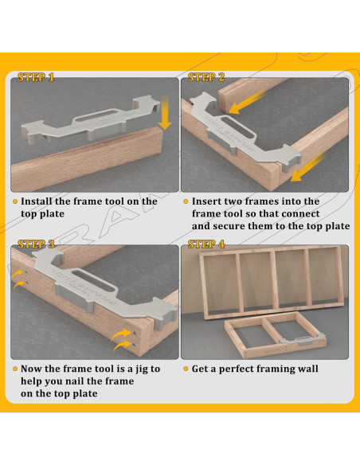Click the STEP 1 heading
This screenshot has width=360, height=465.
click(x=36, y=77)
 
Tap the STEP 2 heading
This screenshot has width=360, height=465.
click(x=206, y=77)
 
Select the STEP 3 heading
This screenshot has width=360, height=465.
click(x=36, y=244)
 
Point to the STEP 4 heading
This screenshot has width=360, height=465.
click(x=206, y=244)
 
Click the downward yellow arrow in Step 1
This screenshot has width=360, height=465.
click(x=164, y=114)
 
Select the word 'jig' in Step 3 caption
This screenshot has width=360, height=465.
click(x=143, y=369)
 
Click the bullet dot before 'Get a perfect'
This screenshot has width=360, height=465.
click(x=186, y=369)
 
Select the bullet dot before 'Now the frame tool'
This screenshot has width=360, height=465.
click(x=15, y=369)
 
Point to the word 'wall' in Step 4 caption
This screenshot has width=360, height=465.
click(x=307, y=369)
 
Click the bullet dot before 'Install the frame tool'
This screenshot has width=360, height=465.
click(x=15, y=201)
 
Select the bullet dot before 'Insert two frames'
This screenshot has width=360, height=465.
click(x=186, y=201)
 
